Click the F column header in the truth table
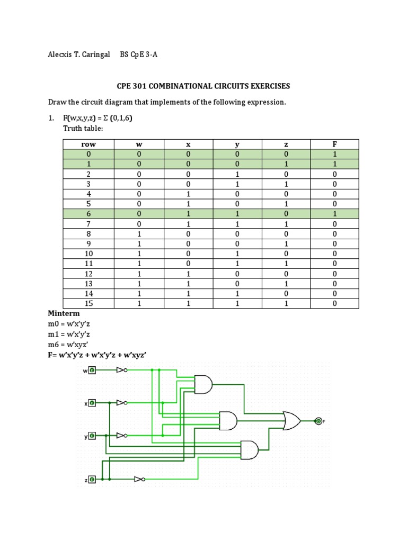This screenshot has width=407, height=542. (334, 144)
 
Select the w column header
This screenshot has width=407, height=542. (139, 144)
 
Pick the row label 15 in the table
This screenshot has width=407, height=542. (89, 303)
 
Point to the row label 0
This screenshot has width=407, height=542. (89, 154)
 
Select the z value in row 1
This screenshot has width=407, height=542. (286, 164)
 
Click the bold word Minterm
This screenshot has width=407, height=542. (64, 313)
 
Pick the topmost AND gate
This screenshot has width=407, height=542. (203, 384)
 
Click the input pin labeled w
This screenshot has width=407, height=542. (92, 371)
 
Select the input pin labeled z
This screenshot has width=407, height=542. (92, 479)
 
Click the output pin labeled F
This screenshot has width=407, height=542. (318, 421)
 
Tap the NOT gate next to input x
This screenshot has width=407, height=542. (122, 403)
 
